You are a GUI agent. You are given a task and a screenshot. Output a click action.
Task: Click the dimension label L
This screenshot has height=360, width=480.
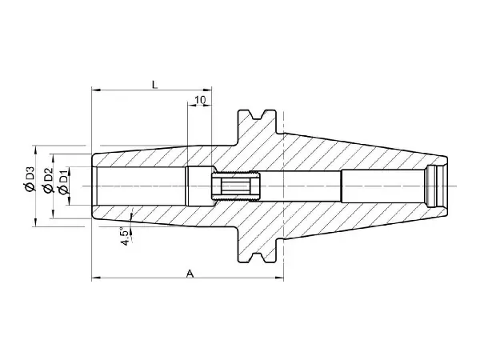155,85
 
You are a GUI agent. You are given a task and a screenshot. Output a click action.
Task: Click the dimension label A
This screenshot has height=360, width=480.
190,274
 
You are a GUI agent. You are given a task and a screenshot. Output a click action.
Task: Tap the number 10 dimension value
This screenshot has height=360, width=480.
200,100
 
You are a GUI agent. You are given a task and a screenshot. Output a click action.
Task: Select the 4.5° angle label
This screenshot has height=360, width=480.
126,236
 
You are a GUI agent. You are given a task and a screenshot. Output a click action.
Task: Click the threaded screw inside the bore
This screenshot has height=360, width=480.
235,186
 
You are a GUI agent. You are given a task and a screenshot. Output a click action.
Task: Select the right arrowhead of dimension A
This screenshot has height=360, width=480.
280,278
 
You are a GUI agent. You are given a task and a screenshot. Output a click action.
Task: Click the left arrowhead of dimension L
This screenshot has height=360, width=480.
96,90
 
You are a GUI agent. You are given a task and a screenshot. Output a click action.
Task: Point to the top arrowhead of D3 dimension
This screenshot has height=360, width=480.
35,150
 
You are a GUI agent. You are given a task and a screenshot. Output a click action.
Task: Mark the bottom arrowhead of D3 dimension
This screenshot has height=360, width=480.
35,222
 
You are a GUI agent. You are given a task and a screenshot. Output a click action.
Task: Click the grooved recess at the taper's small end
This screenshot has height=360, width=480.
434,186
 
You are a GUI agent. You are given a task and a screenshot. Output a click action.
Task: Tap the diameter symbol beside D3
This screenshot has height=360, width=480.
30,186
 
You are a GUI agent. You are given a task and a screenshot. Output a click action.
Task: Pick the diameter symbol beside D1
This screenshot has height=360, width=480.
63,190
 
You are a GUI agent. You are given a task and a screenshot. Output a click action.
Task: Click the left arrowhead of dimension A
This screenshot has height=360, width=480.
96,278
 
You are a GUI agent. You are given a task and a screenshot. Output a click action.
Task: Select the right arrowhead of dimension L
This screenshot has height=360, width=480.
207,90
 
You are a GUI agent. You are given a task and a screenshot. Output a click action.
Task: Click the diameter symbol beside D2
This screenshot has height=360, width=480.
48,188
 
